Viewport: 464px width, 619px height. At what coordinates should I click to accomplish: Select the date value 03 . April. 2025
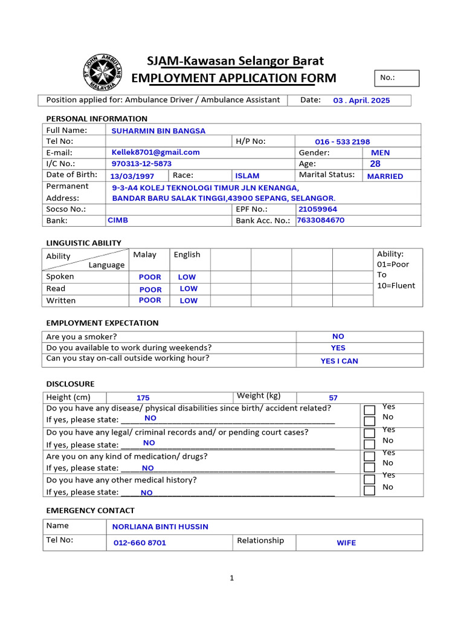click(361, 101)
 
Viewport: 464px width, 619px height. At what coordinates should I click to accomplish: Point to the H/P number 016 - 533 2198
click(342, 141)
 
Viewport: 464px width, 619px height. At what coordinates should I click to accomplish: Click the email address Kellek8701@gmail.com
click(155, 152)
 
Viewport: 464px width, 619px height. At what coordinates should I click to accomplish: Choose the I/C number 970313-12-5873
click(141, 164)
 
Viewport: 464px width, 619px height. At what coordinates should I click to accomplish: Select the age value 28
click(375, 164)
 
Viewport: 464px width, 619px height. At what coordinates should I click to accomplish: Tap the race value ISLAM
click(247, 176)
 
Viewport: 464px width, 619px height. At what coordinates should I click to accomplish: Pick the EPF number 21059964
click(318, 209)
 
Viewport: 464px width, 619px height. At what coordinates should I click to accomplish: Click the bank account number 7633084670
click(320, 220)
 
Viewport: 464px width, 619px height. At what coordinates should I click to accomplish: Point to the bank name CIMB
click(118, 221)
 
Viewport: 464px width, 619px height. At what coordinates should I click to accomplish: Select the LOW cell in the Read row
click(188, 289)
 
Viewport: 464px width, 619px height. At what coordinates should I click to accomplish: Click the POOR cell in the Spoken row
click(150, 277)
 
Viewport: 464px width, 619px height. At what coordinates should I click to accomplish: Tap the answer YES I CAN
click(339, 361)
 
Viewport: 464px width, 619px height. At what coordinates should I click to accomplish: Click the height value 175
click(143, 398)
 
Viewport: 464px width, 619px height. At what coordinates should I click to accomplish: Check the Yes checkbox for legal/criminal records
click(370, 433)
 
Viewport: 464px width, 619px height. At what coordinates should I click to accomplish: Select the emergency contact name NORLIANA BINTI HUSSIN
click(160, 527)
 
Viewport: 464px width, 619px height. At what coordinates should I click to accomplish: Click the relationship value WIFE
click(346, 543)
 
